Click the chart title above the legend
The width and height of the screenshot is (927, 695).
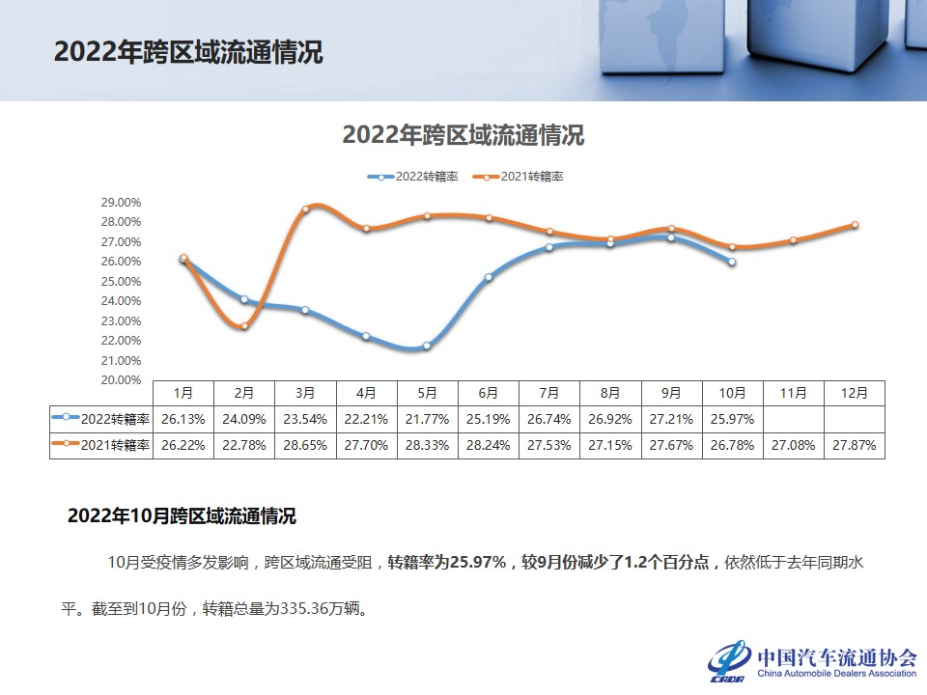pos(463,134)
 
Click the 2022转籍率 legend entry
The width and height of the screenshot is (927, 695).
pos(412,177)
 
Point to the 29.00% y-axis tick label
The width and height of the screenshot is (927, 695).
pos(122,203)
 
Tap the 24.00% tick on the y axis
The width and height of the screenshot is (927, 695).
pos(122,301)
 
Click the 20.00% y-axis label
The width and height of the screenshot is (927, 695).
pos(122,380)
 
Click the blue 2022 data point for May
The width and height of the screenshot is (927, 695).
pos(427,346)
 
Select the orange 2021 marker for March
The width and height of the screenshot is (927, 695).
pos(305,209)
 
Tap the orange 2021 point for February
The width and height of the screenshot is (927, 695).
pos(244,326)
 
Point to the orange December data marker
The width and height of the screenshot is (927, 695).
pos(855,225)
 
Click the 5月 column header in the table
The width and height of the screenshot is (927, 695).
pos(428,394)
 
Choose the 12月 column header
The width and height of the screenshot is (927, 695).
pos(855,394)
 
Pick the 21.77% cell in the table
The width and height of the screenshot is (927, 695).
pos(428,420)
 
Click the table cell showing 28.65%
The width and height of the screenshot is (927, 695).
pos(305,446)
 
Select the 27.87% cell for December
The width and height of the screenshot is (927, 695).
pos(855,446)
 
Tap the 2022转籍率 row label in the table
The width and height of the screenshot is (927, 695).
pos(101,420)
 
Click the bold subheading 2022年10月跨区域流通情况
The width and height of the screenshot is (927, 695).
pos(182,516)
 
